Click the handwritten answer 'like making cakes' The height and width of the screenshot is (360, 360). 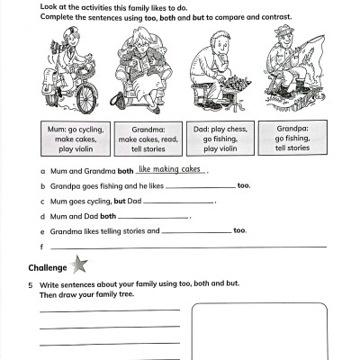172,168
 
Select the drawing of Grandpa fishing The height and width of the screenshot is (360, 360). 286,67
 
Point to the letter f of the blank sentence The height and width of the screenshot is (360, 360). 41,247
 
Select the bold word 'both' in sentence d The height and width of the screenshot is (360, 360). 108,216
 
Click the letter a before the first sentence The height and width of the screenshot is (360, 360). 42,170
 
